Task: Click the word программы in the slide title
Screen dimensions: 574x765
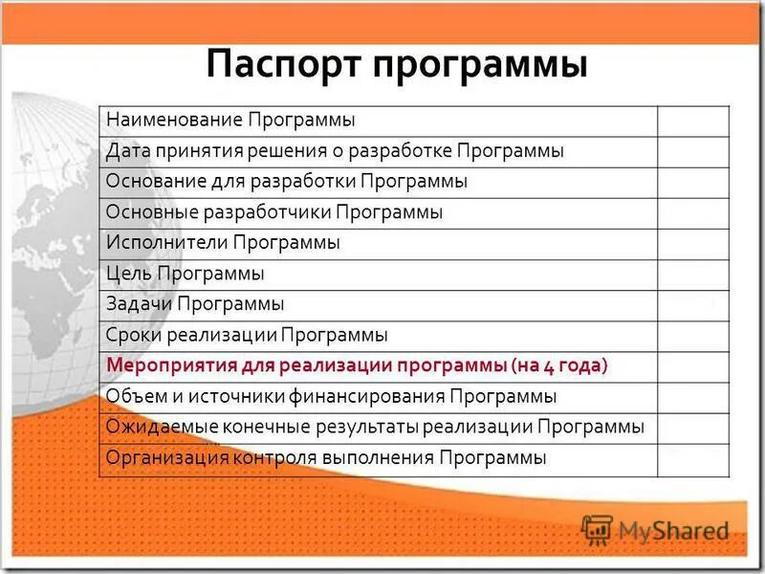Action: pyautogui.click(x=479, y=66)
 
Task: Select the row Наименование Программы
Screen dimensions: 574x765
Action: pyautogui.click(x=230, y=121)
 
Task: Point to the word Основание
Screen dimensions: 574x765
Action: pyautogui.click(x=147, y=182)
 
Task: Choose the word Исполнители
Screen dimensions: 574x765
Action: pyautogui.click(x=165, y=243)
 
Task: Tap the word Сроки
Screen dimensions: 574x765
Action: pyautogui.click(x=133, y=335)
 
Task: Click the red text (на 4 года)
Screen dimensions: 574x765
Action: pyautogui.click(x=558, y=365)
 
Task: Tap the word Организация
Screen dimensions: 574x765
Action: pyautogui.click(x=164, y=457)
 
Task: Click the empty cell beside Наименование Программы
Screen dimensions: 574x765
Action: pyautogui.click(x=692, y=121)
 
